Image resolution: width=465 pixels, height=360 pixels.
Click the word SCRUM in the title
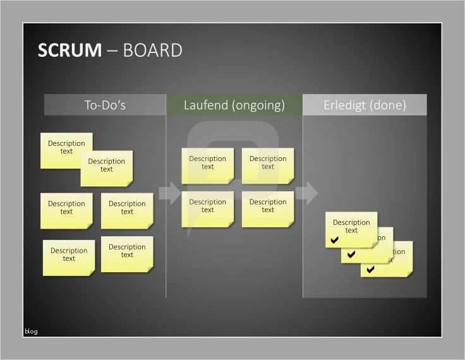[x=69, y=51]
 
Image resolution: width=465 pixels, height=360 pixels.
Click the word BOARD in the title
[x=153, y=51]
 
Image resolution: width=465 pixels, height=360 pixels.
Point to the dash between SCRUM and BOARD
[x=112, y=51]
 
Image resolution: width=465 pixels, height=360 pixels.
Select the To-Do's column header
[x=105, y=105]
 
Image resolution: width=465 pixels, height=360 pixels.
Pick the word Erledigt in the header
[x=345, y=105]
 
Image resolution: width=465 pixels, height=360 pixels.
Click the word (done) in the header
[x=388, y=105]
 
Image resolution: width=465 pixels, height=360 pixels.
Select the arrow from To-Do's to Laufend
[x=169, y=193]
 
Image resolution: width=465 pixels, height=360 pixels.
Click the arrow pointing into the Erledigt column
[x=306, y=193]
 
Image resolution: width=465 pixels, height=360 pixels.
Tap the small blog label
[x=31, y=331]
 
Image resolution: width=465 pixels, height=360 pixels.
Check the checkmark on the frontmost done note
[x=335, y=240]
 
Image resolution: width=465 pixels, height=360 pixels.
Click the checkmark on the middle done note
[x=351, y=255]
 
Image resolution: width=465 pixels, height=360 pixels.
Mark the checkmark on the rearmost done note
[x=370, y=269]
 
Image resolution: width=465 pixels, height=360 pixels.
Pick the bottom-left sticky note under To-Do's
[x=68, y=258]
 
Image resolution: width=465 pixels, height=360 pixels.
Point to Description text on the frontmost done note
[x=351, y=226]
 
